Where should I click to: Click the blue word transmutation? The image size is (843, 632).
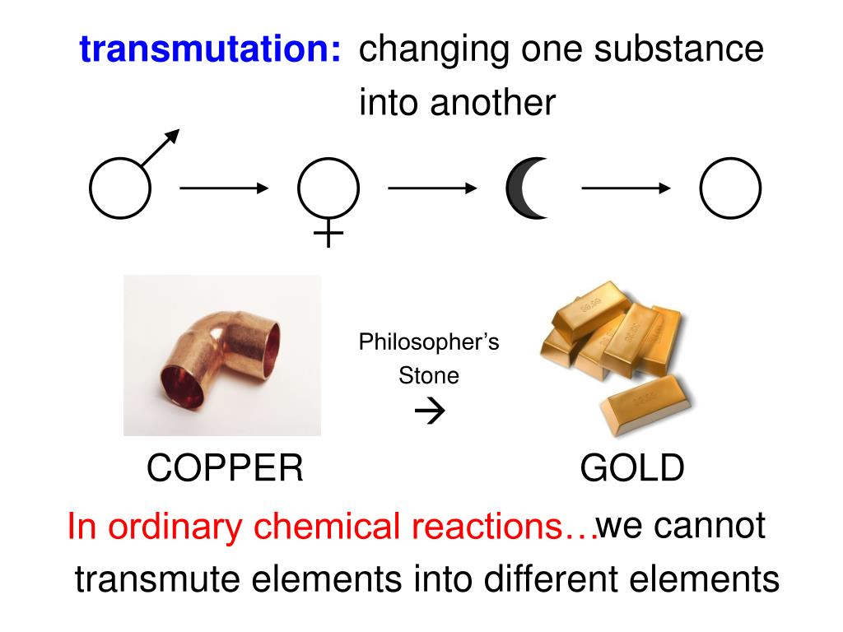(211, 50)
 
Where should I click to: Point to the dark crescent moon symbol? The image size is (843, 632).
(525, 188)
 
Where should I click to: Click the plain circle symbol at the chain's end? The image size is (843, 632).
(730, 188)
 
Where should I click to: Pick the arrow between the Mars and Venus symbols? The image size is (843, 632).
(224, 188)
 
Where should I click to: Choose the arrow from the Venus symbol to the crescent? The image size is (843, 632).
(432, 188)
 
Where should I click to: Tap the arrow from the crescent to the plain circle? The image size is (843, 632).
(626, 188)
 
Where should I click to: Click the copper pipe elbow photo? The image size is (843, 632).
(222, 355)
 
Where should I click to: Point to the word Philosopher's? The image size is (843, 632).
(429, 342)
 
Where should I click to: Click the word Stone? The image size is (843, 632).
(429, 376)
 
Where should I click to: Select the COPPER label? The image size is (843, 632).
(225, 469)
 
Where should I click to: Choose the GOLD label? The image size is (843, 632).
(632, 469)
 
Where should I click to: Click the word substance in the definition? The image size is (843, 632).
(679, 49)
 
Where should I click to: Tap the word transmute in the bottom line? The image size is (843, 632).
(158, 579)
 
